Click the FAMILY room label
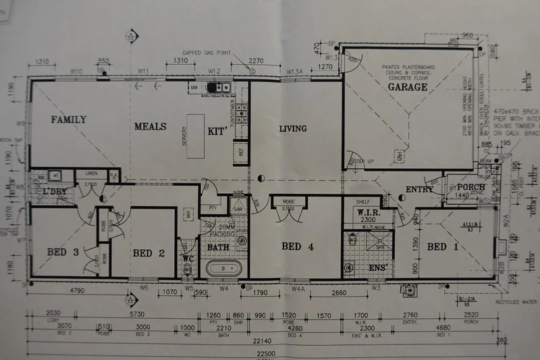click(x=70, y=120)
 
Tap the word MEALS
click(x=150, y=126)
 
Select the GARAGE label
click(x=407, y=87)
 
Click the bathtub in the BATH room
click(x=223, y=269)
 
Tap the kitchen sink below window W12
click(x=220, y=88)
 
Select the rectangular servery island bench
click(x=196, y=136)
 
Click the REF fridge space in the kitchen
click(x=241, y=151)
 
